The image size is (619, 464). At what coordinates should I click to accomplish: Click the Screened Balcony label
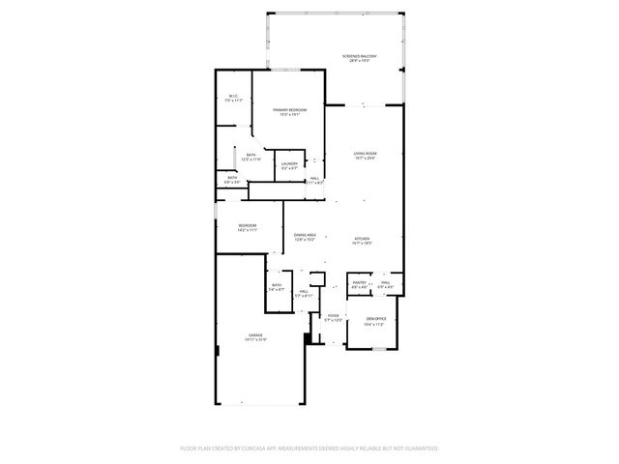[x=359, y=58]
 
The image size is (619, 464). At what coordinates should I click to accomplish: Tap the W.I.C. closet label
[x=233, y=97]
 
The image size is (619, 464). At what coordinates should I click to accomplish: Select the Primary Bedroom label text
[x=289, y=112]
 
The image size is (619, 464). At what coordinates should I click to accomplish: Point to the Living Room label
[x=364, y=156]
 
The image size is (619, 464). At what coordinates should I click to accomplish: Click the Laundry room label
[x=289, y=166]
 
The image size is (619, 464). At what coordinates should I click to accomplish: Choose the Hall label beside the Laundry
[x=313, y=178]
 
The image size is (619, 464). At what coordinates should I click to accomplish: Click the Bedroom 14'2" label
[x=247, y=228]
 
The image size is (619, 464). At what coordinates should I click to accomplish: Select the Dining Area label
[x=306, y=237]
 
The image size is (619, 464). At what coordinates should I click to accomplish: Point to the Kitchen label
[x=363, y=240]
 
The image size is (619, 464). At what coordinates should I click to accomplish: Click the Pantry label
[x=359, y=284]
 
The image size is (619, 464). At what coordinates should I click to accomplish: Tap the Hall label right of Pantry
[x=385, y=284]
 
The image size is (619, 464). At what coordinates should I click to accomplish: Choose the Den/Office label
[x=374, y=321]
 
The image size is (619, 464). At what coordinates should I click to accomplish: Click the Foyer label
[x=333, y=318]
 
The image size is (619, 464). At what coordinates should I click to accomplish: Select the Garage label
[x=255, y=337]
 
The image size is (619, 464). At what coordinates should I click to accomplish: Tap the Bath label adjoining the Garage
[x=277, y=287]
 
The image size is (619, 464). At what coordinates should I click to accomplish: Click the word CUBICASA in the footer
[x=250, y=449]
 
